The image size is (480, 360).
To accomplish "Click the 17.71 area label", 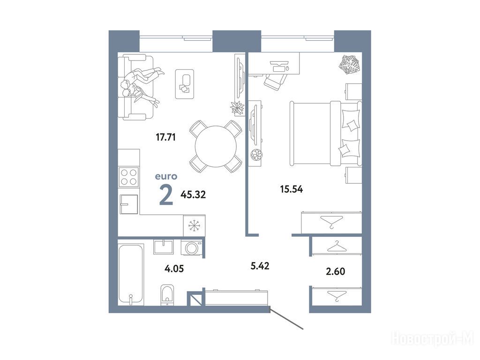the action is tap(165, 137).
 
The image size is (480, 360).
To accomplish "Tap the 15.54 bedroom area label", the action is tap(292, 189).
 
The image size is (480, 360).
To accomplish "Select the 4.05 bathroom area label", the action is tap(174, 269).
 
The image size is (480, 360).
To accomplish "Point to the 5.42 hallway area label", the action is tap(260, 266).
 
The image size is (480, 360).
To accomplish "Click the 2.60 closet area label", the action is tap(336, 271).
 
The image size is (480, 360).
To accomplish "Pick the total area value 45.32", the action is tap(193, 195).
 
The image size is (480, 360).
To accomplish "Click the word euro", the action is tap(166, 177).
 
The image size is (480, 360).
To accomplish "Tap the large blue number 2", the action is tap(166, 196).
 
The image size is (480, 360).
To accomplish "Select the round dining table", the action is tap(216, 146).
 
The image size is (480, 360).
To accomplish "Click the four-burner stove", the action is tap(128, 177).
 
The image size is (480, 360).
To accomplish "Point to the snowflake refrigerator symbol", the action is tap(195, 226).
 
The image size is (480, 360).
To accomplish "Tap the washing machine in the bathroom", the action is tap(192, 247).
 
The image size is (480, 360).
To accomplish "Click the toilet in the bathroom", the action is tap(167, 295).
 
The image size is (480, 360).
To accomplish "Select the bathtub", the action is tap(131, 274).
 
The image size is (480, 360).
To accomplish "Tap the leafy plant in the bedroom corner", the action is tap(349, 64).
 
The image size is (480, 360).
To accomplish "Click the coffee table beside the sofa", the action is tap(185, 84).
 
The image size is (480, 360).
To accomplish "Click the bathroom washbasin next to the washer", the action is tap(164, 247).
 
